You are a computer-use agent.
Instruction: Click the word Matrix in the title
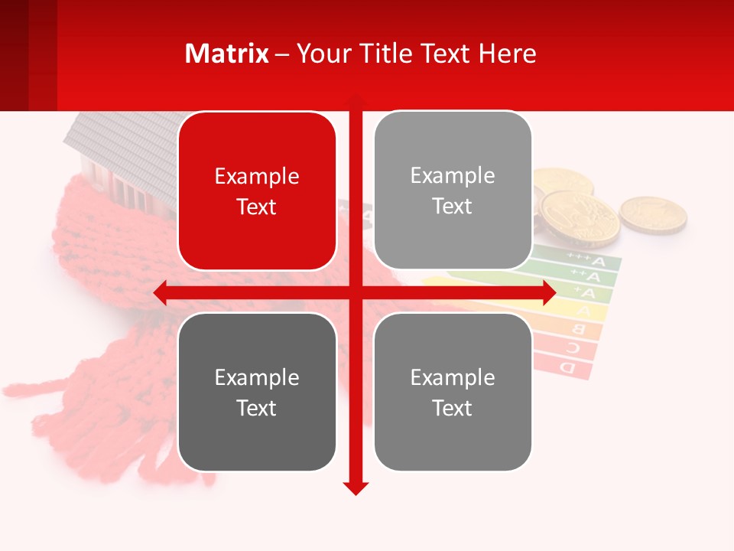pyautogui.click(x=227, y=54)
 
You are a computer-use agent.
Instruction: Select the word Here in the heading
pyautogui.click(x=507, y=54)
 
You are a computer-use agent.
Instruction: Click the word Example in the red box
pyautogui.click(x=257, y=177)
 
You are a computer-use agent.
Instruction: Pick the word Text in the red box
pyautogui.click(x=257, y=207)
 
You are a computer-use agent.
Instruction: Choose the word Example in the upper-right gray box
pyautogui.click(x=453, y=176)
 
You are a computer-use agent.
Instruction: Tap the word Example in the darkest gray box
pyautogui.click(x=257, y=378)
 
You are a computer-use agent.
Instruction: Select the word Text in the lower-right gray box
pyautogui.click(x=453, y=409)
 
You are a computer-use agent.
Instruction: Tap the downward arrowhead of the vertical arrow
pyautogui.click(x=356, y=487)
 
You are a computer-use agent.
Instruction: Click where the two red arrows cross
pyautogui.click(x=356, y=293)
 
